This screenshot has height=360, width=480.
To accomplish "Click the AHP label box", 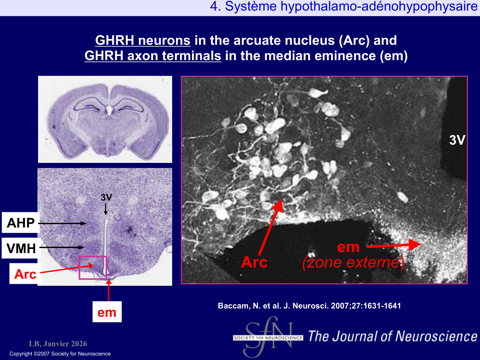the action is [x=21, y=222].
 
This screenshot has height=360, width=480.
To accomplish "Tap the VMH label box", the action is [x=21, y=248].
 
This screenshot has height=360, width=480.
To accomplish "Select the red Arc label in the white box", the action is [x=25, y=274].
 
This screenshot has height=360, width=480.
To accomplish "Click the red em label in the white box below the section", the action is [x=107, y=312].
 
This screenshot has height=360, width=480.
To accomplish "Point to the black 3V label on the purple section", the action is [x=106, y=197].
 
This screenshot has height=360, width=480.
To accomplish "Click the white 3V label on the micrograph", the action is [x=457, y=140].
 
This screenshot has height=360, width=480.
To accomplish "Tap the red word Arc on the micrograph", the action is [x=254, y=262].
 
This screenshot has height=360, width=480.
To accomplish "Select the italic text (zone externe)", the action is [x=353, y=262].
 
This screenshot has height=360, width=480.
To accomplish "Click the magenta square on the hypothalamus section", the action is [x=79, y=268].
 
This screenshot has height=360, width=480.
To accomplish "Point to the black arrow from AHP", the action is [x=62, y=223].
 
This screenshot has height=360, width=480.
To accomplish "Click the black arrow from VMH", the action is [x=62, y=247].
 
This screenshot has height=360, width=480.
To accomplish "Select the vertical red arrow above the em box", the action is [x=109, y=291].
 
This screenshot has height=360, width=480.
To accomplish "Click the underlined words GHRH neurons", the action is [x=143, y=40].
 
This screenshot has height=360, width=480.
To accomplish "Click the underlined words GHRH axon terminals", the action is [x=153, y=55].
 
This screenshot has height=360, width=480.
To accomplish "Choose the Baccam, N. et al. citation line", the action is [x=309, y=306].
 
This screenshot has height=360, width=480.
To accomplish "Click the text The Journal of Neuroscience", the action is [x=393, y=336].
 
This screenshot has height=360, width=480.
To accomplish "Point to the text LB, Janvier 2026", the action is [x=58, y=344].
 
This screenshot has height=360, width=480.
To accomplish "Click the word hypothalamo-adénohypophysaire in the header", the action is [x=379, y=6].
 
